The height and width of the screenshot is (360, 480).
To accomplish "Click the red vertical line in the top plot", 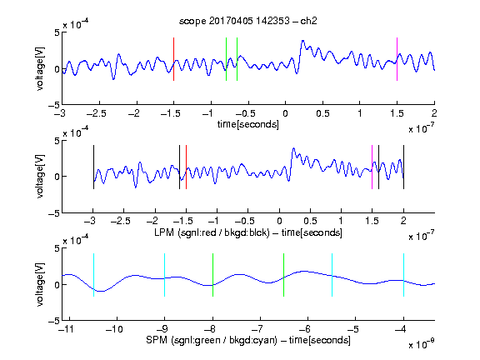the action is pos(173,59).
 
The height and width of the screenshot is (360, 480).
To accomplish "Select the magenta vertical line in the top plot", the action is pos(397,59).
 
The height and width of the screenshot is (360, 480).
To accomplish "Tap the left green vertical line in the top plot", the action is pos(226,59).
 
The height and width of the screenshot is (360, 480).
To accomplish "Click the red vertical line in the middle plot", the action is pos(186,167).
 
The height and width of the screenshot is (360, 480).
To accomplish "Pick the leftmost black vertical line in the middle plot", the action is pos(93,167).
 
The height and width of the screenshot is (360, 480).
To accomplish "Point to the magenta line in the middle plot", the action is pos(372,167).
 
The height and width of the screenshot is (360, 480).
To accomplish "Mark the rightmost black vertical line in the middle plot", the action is pos(403,167).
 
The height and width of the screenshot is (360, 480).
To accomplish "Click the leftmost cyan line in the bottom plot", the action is pos(93,275).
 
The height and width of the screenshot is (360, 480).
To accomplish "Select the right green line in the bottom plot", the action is pos(284,275).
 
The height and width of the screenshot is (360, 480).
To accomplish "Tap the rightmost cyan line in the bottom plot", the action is pos(403,275).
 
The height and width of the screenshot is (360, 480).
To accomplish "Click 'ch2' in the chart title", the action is pos(308,21).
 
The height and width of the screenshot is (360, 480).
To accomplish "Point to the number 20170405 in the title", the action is pos(231,21).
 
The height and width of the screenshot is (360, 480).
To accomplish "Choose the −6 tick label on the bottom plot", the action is pos(305,329).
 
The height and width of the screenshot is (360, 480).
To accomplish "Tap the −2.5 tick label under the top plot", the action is pos(97,113).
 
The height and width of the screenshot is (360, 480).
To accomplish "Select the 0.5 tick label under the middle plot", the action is pos(310,221).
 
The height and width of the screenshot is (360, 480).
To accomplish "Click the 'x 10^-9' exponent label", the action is pos(422,344).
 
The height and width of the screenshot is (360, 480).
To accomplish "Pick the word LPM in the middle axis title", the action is pos(164,232).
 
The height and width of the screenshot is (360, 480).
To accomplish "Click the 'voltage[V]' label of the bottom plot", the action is pos(40,284).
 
